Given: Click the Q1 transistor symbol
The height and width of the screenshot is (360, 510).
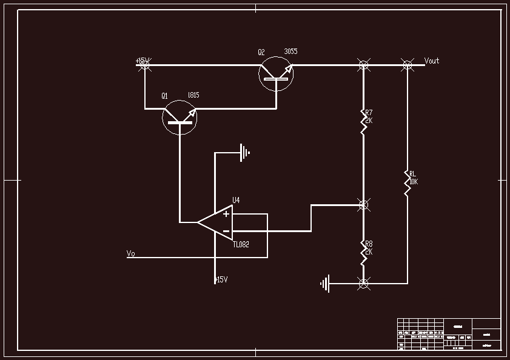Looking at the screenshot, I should [x=180, y=118].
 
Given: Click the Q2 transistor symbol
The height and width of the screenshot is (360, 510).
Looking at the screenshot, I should [x=276, y=75].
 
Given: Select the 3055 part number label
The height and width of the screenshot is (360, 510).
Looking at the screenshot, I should [x=290, y=52].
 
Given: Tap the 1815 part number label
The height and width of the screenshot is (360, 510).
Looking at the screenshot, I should [x=193, y=95].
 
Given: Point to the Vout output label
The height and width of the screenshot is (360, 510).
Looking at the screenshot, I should [x=432, y=61].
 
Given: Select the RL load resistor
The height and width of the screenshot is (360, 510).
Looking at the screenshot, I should [x=408, y=182].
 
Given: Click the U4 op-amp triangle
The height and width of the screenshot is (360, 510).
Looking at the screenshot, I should [x=215, y=222].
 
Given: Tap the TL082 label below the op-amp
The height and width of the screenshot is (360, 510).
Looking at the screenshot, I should [x=241, y=244].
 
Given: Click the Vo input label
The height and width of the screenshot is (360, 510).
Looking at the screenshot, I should [x=130, y=253].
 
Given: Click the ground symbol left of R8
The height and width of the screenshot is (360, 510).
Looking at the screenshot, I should [x=326, y=283].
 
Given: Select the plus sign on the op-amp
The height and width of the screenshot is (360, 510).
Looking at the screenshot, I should [x=226, y=213].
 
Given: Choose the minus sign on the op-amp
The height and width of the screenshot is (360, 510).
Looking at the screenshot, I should [x=226, y=231].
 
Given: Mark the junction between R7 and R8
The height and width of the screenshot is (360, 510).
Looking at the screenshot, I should [x=364, y=205].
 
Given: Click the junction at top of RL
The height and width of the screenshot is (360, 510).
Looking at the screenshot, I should [x=408, y=64].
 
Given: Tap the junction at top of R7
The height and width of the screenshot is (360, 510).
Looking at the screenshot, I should [x=364, y=64].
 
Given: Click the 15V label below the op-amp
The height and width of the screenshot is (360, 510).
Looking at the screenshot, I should [x=221, y=279].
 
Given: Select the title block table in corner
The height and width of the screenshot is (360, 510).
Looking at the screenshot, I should [x=449, y=334].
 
